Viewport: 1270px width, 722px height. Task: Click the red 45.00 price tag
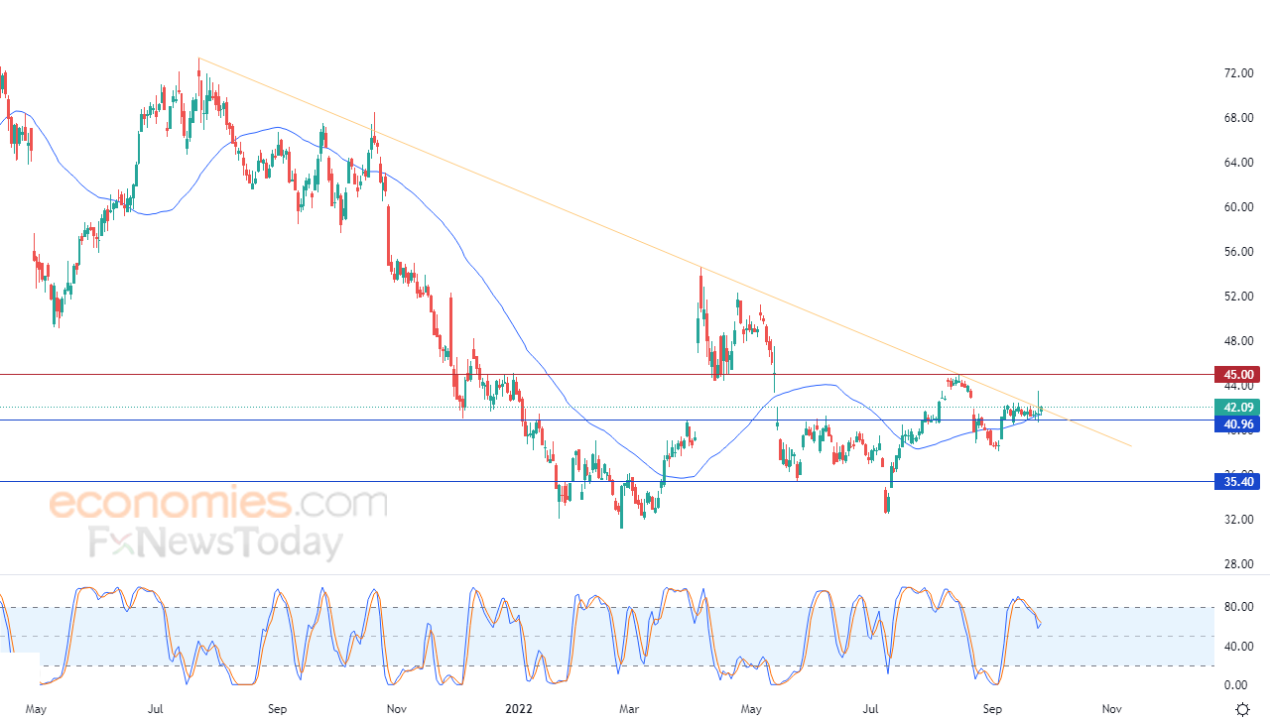point(1240,375)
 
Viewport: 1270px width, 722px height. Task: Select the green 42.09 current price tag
point(1240,408)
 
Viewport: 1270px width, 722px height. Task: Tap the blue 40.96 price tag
point(1240,424)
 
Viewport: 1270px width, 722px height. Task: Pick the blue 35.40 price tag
point(1240,482)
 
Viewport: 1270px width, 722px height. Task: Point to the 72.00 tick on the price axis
point(1238,73)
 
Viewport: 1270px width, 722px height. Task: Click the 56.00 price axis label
point(1238,252)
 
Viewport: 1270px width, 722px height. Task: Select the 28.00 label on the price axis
point(1238,564)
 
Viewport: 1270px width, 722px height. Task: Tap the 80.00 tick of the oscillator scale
point(1236,607)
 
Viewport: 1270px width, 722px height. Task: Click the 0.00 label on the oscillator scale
point(1236,685)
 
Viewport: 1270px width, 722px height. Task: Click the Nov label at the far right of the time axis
point(1111,709)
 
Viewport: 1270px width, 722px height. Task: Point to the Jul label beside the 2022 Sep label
point(871,709)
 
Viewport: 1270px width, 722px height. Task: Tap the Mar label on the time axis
point(628,709)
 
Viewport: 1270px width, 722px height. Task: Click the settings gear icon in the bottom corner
point(1242,709)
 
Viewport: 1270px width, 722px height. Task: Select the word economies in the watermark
point(171,503)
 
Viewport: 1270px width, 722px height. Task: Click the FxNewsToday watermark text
point(215,543)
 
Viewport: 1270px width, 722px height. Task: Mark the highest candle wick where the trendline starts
point(198,60)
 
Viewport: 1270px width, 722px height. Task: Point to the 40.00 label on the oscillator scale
point(1236,647)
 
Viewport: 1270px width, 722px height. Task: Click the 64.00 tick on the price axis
point(1238,163)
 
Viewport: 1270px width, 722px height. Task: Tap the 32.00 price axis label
point(1238,520)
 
